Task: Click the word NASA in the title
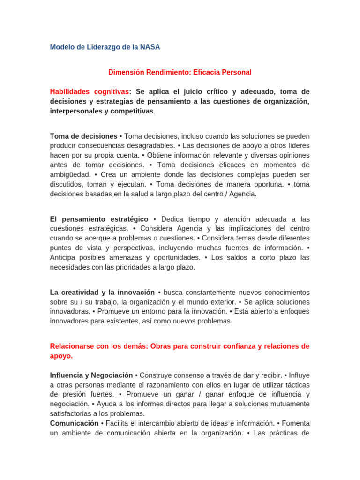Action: pos(150,47)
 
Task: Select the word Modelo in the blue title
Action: pos(62,47)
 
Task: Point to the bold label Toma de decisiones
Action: pos(83,136)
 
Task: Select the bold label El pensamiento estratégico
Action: pos(99,219)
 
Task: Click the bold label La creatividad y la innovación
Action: pos(102,292)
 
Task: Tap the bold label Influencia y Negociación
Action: pos(91,375)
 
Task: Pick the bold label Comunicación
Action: pos(75,423)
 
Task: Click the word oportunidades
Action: pos(178,258)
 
